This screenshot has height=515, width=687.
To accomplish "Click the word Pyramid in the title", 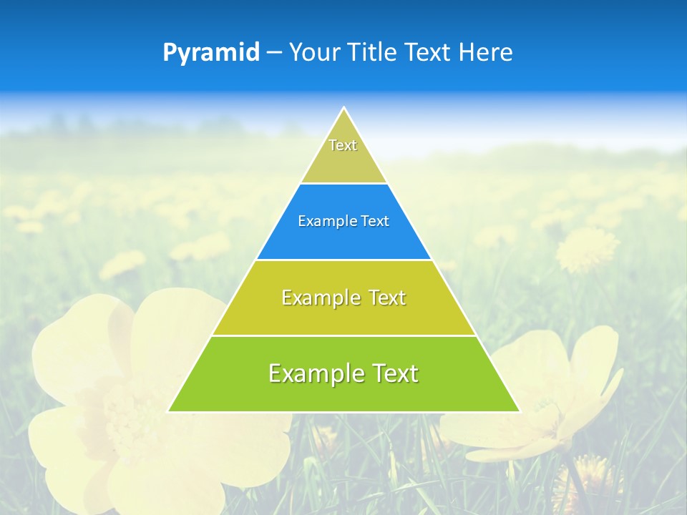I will [211, 53].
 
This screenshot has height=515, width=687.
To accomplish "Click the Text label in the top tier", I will [343, 145].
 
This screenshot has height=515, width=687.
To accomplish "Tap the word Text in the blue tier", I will [375, 222].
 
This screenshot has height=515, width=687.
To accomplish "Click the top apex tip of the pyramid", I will [343, 108].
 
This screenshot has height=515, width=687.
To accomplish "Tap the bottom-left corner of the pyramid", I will [169, 411].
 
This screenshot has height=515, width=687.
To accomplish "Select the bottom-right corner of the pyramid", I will [519, 411].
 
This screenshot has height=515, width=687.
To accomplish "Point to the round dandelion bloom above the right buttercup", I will [587, 249].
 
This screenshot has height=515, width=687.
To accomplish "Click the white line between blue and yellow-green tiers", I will [343, 260].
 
